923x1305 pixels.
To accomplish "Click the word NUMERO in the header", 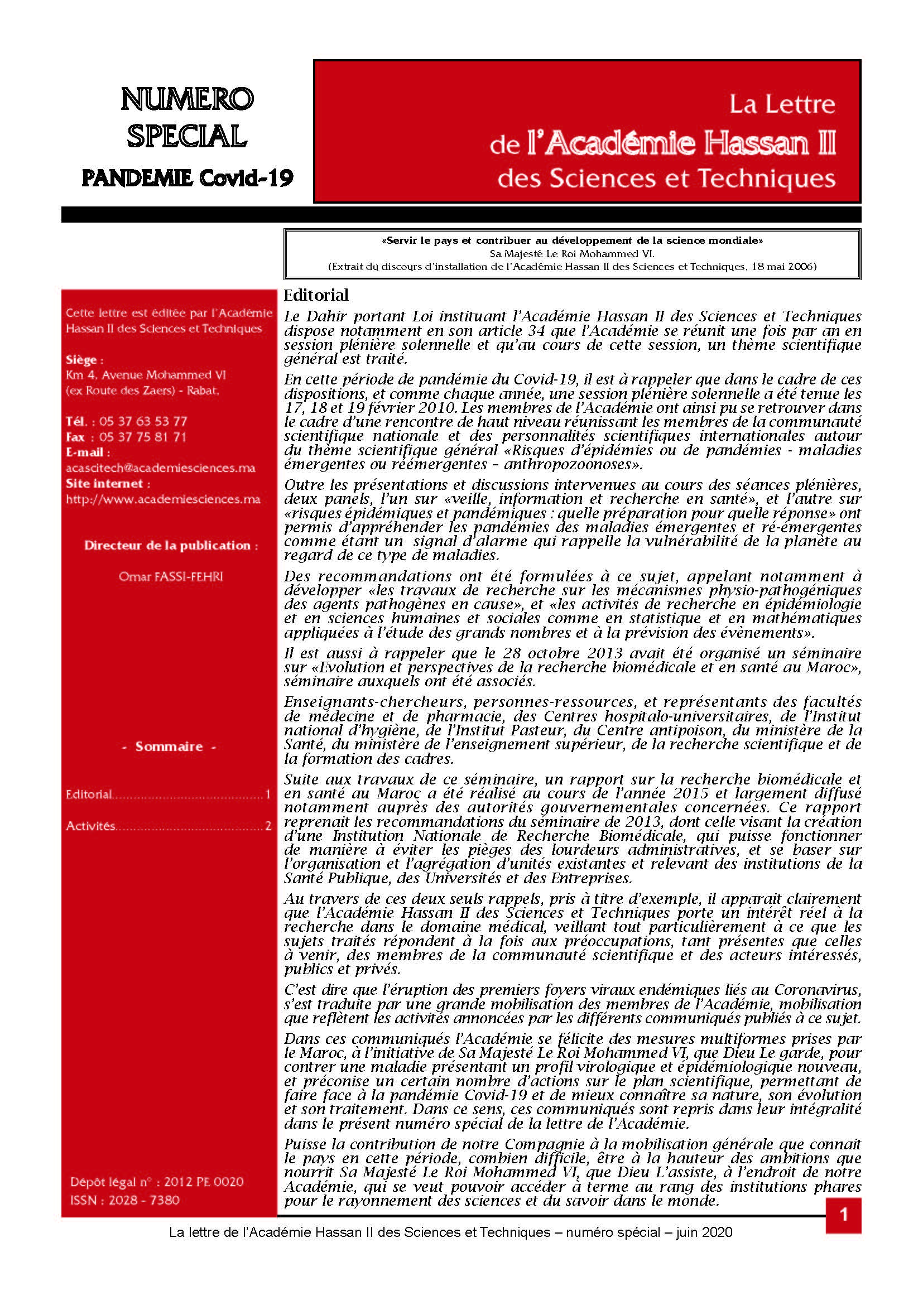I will click(x=187, y=100).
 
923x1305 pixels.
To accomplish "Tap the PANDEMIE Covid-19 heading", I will click(x=188, y=179).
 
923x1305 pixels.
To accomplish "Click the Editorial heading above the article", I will click(x=316, y=295).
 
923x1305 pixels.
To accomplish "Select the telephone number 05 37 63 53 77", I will click(x=143, y=421).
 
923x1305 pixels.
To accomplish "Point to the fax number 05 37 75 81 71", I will click(x=143, y=437).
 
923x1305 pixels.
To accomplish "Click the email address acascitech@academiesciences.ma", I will click(x=160, y=468).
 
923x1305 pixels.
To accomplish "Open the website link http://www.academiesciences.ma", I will click(x=163, y=499).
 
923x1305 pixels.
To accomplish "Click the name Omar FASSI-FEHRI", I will click(x=171, y=576).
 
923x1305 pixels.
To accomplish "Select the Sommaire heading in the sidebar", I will click(x=169, y=747).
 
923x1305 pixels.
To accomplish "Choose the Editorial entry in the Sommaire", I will click(x=89, y=794).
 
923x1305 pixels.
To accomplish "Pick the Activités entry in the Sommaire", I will click(x=91, y=826).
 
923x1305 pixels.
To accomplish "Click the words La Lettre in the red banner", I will click(x=782, y=104).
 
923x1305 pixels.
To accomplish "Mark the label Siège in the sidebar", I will click(x=84, y=360).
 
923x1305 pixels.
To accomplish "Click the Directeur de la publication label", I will click(x=171, y=545).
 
